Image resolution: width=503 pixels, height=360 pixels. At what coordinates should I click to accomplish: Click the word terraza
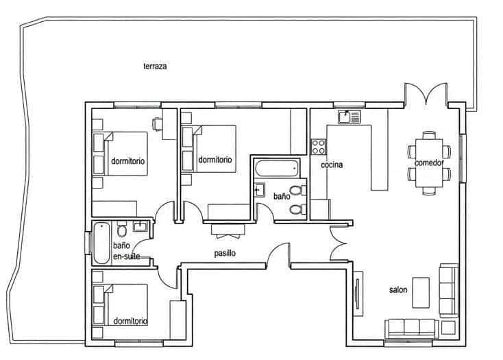coord(155,67)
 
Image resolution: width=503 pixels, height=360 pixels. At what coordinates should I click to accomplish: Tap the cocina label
coord(331,165)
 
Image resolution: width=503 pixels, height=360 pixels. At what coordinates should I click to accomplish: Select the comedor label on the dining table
coord(428,163)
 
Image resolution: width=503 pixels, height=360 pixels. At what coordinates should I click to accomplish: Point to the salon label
coord(398,290)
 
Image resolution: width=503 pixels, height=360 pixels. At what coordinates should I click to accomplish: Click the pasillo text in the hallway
coord(225,253)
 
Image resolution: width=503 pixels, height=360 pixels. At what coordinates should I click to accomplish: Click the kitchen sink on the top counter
coord(349,117)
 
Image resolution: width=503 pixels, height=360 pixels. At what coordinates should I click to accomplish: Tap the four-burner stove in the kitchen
coord(319,146)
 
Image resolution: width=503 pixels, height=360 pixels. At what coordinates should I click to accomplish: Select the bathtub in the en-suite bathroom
coord(101,243)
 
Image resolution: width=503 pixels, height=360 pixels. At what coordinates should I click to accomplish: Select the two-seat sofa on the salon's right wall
coord(448,290)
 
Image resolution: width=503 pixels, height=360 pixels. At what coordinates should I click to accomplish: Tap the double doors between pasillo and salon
coord(339,243)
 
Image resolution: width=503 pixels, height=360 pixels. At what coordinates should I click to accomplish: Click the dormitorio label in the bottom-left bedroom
coord(131,321)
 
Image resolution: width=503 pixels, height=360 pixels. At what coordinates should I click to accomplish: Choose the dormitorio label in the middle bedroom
coord(214,160)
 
